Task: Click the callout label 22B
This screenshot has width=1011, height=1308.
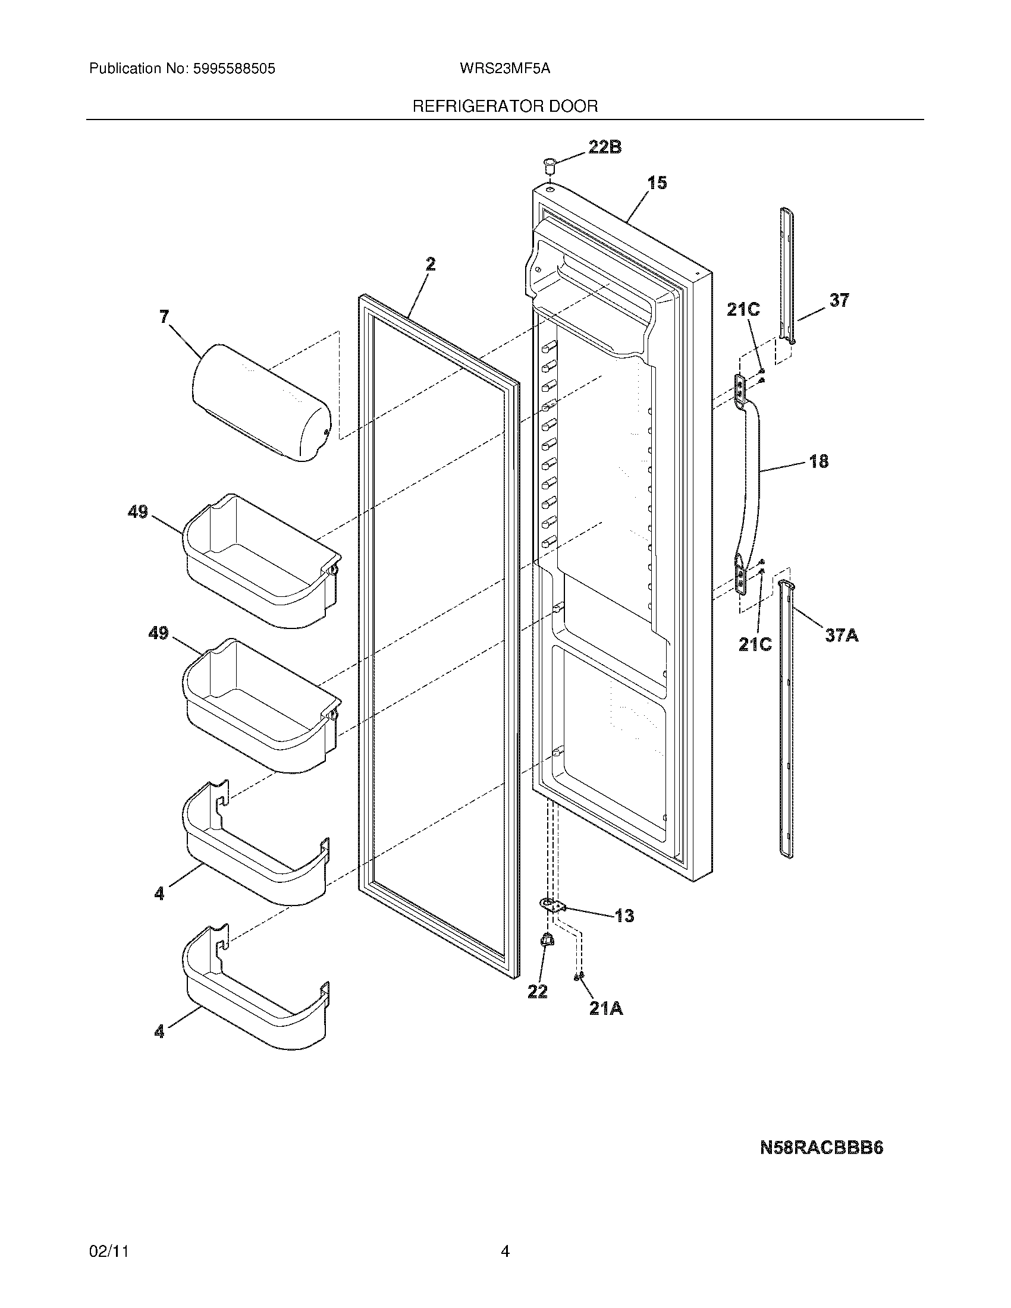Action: pyautogui.click(x=604, y=147)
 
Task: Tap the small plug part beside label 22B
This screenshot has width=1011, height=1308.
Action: pyautogui.click(x=549, y=163)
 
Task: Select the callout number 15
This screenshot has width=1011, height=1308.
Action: pyautogui.click(x=657, y=183)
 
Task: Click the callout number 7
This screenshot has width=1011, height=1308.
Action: pyautogui.click(x=164, y=316)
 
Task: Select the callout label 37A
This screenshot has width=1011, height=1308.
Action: pyautogui.click(x=842, y=635)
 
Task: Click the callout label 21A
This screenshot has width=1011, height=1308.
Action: pyautogui.click(x=606, y=1009)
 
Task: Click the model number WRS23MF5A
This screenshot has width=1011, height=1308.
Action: pyautogui.click(x=505, y=69)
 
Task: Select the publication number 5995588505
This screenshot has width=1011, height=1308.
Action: pyautogui.click(x=234, y=69)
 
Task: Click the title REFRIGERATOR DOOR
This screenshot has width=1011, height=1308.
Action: pyautogui.click(x=505, y=106)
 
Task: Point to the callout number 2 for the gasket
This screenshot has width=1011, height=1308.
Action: pyautogui.click(x=430, y=264)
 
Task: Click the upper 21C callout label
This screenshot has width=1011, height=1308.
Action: pyautogui.click(x=743, y=310)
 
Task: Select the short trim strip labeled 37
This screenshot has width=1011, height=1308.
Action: pyautogui.click(x=788, y=275)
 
